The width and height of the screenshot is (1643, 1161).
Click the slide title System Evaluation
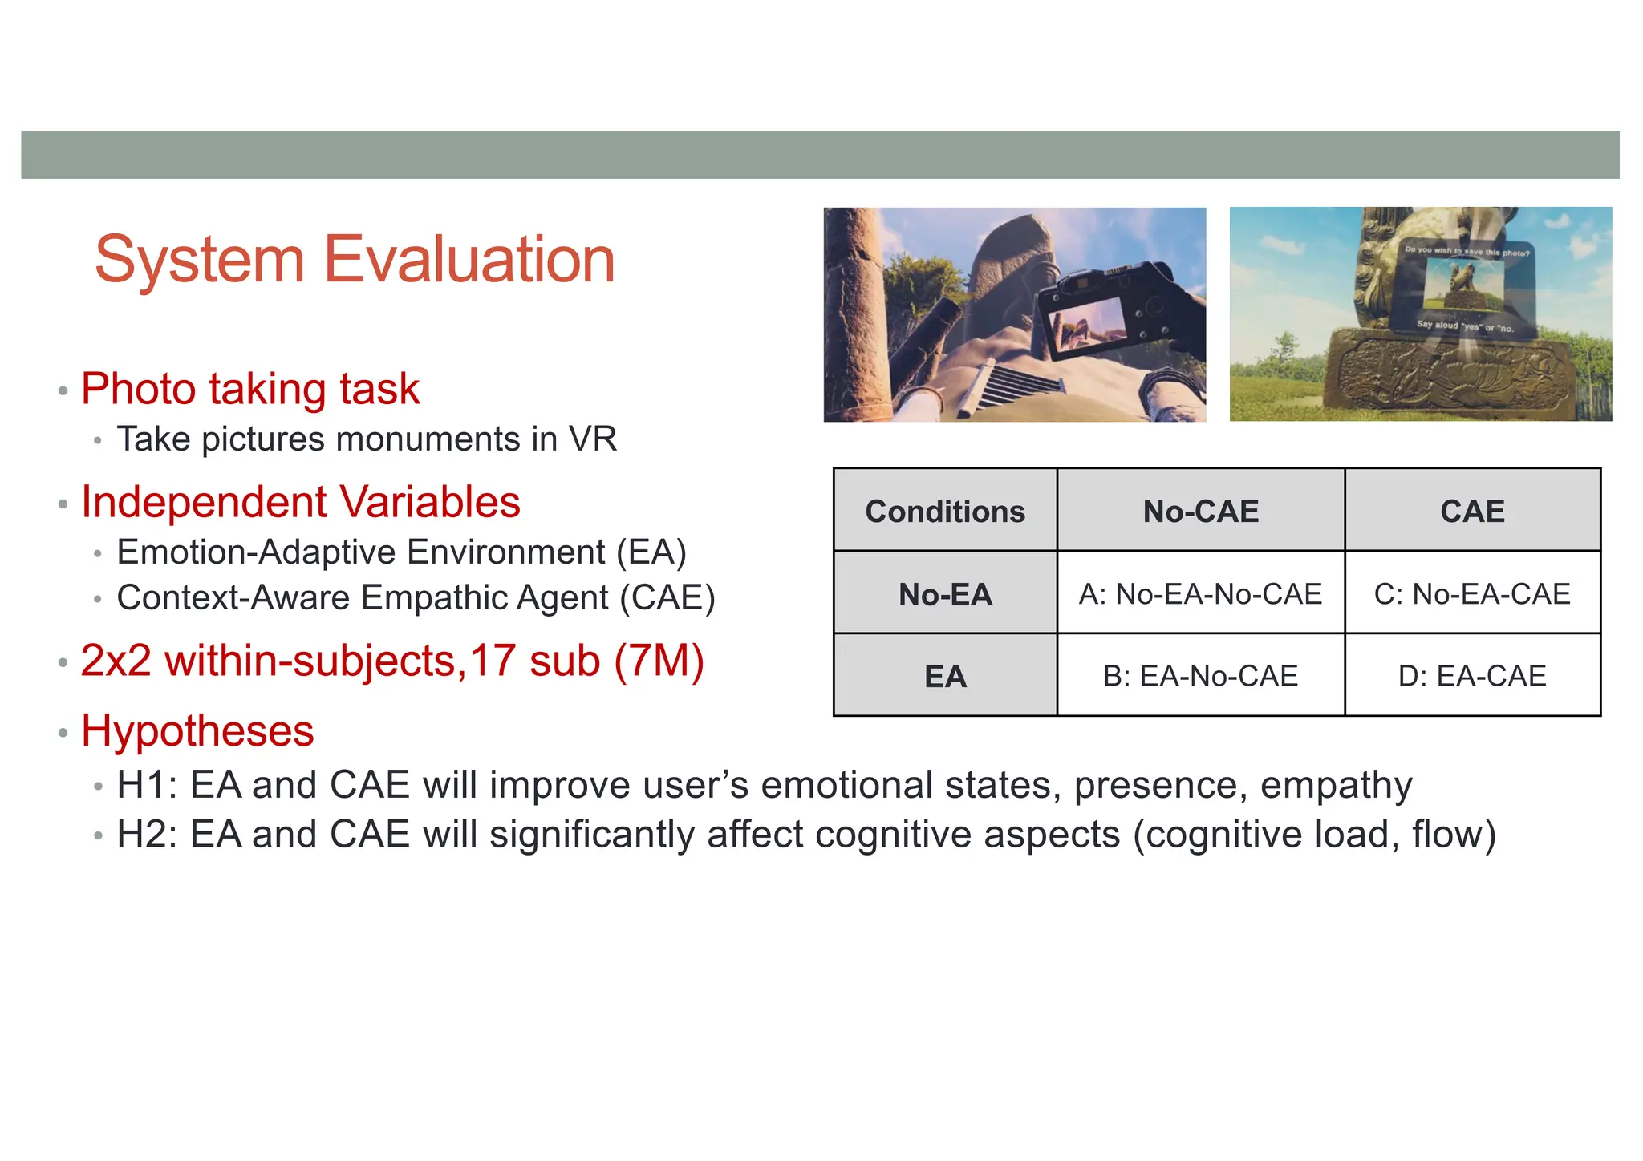tap(355, 259)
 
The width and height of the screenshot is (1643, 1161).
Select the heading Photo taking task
tap(250, 389)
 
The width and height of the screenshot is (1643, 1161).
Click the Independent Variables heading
tap(301, 503)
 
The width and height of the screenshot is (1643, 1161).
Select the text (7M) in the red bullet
tap(659, 661)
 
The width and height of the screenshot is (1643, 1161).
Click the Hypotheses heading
tap(197, 731)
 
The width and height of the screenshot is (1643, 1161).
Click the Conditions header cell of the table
tap(945, 511)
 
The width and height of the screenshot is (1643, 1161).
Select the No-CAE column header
tap(1200, 511)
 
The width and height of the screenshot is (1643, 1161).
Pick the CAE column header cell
tap(1472, 511)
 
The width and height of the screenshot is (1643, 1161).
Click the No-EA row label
tap(945, 594)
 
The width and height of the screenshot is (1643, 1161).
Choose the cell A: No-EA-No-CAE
tap(1200, 594)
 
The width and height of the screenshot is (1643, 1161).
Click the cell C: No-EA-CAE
tap(1472, 594)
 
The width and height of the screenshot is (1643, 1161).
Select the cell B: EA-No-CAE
tap(1200, 676)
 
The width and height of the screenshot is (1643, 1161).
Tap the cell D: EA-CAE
tap(1472, 676)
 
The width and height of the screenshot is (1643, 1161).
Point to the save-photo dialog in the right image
tap(1467, 289)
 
